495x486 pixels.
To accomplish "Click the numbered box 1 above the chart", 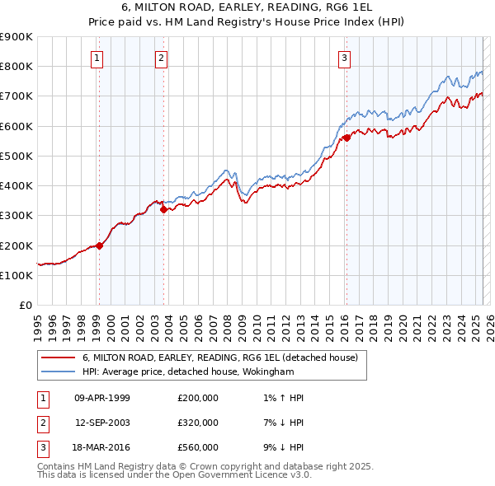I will coord(97,58).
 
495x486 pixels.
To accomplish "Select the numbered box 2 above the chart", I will coord(161,58).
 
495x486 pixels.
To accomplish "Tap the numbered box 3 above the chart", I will coord(344,58).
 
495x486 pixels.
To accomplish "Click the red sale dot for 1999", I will coord(100,245).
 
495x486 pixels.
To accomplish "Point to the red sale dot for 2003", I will coord(163,209).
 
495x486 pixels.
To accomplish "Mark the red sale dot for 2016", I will coord(346,138).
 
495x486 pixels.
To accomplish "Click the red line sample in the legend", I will coord(58,358).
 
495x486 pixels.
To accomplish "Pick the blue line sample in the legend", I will coord(58,372).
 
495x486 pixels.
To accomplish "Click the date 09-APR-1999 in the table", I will coord(102,398).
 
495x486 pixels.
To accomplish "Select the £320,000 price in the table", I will coord(198,423).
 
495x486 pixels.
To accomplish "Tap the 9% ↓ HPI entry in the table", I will coord(283,447).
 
